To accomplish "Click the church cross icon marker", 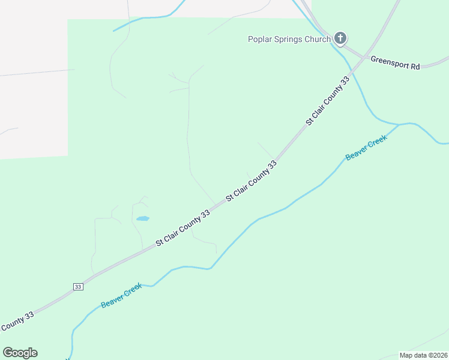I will pyautogui.click(x=340, y=39).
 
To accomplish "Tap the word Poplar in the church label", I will pyautogui.click(x=261, y=40).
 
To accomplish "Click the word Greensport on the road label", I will pyautogui.click(x=389, y=61).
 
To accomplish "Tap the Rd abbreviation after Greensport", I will pyautogui.click(x=415, y=65).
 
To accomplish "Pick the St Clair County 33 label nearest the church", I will pyautogui.click(x=327, y=100).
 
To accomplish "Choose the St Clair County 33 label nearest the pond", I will pyautogui.click(x=182, y=227).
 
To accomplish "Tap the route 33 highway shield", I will pyautogui.click(x=78, y=287).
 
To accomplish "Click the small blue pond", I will pyautogui.click(x=142, y=218).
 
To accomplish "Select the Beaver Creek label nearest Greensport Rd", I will pyautogui.click(x=366, y=148).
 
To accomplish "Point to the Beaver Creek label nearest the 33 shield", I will pyautogui.click(x=121, y=296).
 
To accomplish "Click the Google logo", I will pyautogui.click(x=20, y=353).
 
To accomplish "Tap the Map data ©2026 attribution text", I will pyautogui.click(x=423, y=355).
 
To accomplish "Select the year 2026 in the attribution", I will pyautogui.click(x=439, y=355).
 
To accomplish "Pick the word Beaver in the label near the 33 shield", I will pyautogui.click(x=112, y=301).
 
